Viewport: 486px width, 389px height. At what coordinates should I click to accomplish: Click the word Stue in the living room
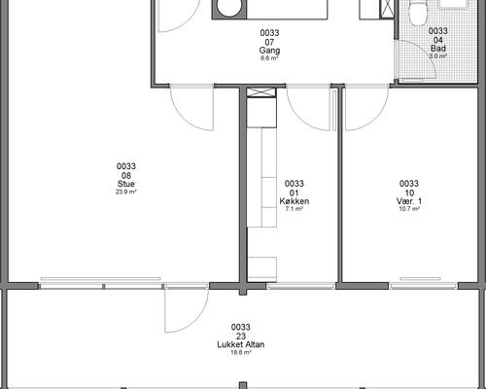click(x=126, y=184)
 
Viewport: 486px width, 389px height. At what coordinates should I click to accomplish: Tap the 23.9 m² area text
click(x=126, y=192)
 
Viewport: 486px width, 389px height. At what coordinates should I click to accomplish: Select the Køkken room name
click(x=295, y=201)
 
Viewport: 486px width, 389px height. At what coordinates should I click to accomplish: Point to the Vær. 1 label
click(x=409, y=201)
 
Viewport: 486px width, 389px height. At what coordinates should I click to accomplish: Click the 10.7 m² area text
click(x=409, y=209)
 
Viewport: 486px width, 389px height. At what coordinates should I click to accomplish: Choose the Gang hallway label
click(x=269, y=51)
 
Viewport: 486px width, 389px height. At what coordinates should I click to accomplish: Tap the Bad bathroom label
click(x=438, y=49)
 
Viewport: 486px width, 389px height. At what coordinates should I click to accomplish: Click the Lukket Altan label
click(x=241, y=344)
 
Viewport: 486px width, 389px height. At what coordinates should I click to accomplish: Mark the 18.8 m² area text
click(x=241, y=352)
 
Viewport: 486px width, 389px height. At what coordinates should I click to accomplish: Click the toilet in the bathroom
click(x=417, y=13)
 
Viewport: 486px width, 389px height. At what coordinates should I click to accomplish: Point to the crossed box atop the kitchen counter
click(x=261, y=92)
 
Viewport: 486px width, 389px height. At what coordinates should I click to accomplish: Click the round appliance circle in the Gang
click(x=229, y=8)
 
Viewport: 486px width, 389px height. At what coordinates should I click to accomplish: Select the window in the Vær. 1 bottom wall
click(x=423, y=286)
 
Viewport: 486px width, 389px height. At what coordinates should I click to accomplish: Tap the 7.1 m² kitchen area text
click(x=295, y=209)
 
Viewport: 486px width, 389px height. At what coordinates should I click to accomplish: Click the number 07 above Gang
click(x=269, y=42)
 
